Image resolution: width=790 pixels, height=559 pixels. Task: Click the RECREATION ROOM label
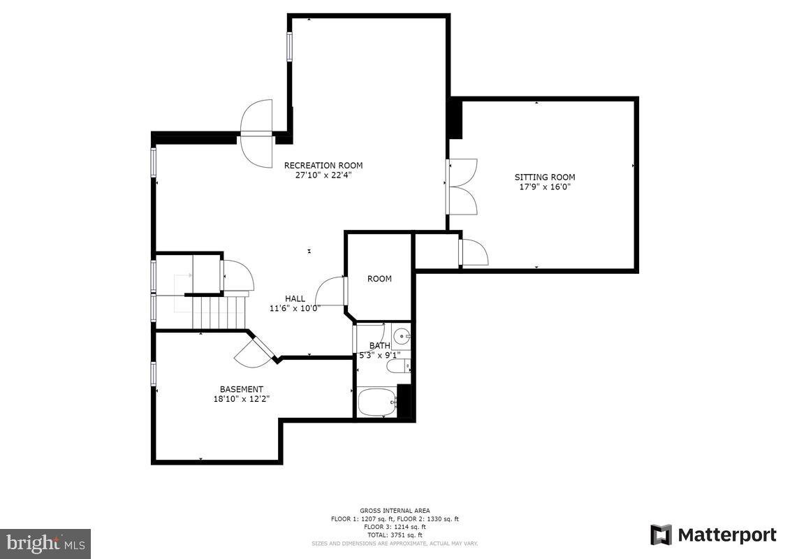click(323, 166)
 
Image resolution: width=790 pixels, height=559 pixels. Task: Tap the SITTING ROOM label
click(545, 177)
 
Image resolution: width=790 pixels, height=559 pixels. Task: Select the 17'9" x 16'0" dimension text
click(545, 187)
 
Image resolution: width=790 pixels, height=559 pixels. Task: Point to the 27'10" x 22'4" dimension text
click(323, 175)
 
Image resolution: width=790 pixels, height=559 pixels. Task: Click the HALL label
click(294, 298)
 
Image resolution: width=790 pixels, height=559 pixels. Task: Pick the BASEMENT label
click(242, 389)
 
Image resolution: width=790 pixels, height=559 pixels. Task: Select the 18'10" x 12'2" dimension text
click(242, 398)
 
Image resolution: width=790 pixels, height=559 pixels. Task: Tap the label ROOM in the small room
click(379, 279)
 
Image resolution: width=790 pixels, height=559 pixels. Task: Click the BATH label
click(379, 345)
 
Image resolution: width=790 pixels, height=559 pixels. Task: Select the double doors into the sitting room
click(462, 187)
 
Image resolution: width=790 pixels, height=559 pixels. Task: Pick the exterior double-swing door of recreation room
click(256, 133)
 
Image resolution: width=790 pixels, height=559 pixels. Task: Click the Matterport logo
click(712, 535)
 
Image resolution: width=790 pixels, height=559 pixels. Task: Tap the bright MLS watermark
click(45, 543)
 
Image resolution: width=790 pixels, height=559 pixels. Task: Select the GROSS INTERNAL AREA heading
click(395, 511)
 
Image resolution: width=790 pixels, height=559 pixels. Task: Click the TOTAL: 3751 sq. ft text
click(395, 535)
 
